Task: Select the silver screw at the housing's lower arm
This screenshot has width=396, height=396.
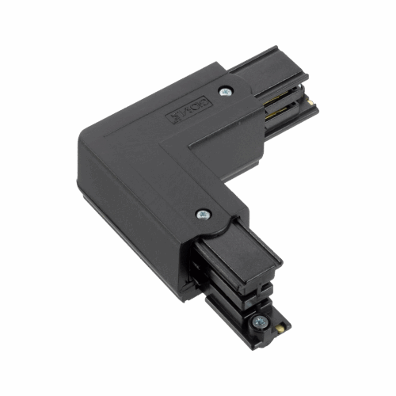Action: click(203, 214)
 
